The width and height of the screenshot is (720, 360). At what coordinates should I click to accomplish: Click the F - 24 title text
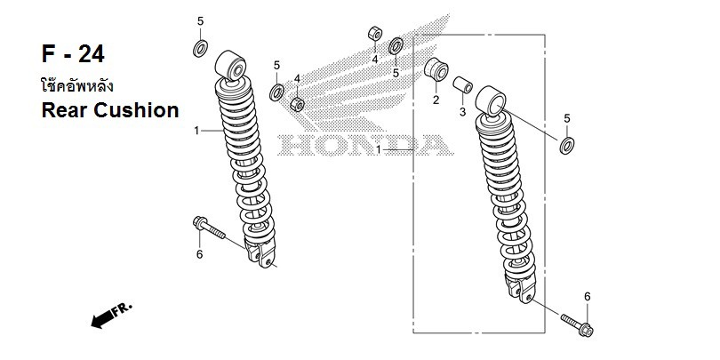[x=73, y=54]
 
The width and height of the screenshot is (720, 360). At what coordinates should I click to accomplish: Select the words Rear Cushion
[x=110, y=110]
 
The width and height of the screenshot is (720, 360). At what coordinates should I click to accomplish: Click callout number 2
[x=436, y=100]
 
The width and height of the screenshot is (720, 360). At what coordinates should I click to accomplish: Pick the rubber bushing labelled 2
[x=436, y=70]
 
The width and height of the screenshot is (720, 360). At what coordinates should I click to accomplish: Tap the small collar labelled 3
[x=461, y=85]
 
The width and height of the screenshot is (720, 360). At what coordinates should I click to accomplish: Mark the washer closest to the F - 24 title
[x=200, y=48]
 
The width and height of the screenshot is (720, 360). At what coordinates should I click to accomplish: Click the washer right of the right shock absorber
[x=566, y=145]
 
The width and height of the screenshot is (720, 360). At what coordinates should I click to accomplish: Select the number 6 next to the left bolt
[x=199, y=255]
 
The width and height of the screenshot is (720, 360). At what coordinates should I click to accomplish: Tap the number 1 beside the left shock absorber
[x=196, y=132]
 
